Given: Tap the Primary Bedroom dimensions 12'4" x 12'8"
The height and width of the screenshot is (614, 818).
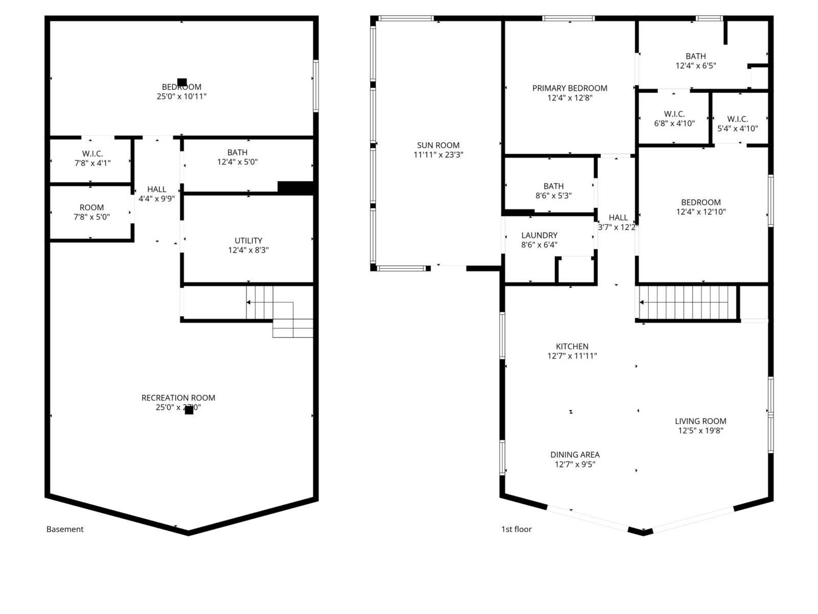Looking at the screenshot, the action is click(x=570, y=98).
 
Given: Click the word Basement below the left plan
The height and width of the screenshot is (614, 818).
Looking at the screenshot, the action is click(x=65, y=529).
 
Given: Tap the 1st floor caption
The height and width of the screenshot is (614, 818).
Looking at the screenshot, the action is click(x=516, y=529).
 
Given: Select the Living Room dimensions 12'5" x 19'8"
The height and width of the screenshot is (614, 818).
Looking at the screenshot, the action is click(x=700, y=431).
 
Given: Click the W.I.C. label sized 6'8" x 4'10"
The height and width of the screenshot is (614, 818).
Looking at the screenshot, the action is click(x=674, y=119).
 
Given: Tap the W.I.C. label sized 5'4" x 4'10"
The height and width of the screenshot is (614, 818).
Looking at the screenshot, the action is click(x=738, y=124).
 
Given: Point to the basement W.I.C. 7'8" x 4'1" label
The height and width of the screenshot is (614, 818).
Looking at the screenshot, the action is click(x=93, y=158).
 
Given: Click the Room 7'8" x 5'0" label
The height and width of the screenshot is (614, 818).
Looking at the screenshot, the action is click(x=92, y=212).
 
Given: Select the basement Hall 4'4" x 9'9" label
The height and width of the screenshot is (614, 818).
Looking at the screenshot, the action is click(x=156, y=194).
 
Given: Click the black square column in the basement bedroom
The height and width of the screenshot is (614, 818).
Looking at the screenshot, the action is click(x=182, y=82).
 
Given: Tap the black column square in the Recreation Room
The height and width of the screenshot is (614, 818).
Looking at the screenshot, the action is click(x=189, y=410).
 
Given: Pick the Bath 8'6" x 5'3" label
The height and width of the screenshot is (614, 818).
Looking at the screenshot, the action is click(x=553, y=191).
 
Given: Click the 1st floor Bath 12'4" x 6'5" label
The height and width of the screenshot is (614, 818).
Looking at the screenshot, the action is click(x=695, y=61).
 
